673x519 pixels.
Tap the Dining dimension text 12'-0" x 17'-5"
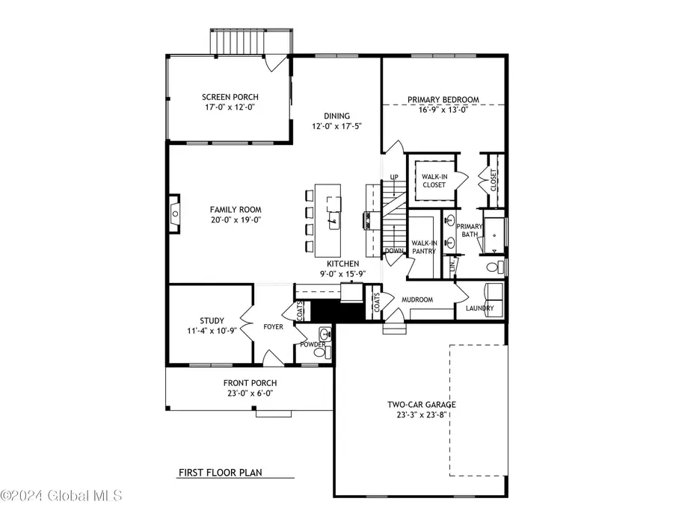click(336, 127)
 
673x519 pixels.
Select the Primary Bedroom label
click(443, 99)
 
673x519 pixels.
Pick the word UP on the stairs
click(393, 177)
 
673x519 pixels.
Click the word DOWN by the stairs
click(394, 251)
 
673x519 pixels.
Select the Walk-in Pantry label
click(424, 247)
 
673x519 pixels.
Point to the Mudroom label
click(417, 300)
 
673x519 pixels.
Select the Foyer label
click(272, 326)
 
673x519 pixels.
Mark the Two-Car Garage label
click(421, 405)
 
